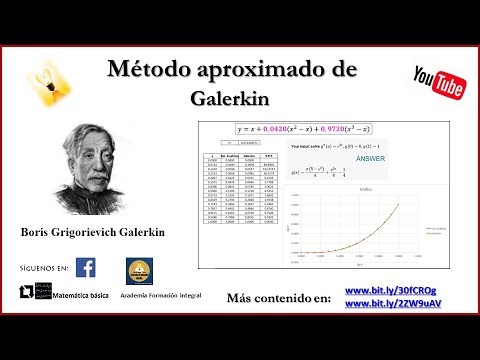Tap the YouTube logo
[438, 83]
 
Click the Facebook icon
[86, 268]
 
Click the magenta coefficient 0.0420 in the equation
[284, 130]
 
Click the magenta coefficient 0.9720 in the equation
[347, 130]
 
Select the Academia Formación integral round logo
[139, 270]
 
